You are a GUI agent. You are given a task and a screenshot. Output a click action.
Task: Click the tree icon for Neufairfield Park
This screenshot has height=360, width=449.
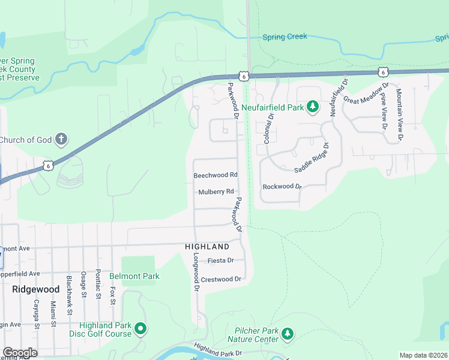click(x=312, y=107)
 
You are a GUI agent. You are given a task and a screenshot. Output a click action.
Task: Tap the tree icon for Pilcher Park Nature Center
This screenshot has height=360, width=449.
click(x=288, y=334)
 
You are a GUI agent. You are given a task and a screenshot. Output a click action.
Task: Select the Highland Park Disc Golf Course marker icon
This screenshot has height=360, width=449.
click(x=140, y=328)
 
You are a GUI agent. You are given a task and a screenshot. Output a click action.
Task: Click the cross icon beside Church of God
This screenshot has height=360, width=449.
click(x=61, y=140)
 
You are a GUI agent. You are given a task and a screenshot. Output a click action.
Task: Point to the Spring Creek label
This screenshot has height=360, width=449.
click(x=285, y=37)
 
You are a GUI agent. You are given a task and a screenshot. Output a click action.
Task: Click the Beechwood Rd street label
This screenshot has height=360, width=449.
click(x=215, y=175)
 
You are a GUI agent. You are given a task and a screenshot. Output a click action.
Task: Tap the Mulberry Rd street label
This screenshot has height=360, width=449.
click(x=215, y=192)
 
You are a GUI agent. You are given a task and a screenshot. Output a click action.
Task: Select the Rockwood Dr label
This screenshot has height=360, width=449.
click(x=282, y=187)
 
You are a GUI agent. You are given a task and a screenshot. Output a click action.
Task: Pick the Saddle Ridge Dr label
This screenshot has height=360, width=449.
click(x=312, y=158)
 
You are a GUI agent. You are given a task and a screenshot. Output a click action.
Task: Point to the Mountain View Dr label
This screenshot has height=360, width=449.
click(x=399, y=115)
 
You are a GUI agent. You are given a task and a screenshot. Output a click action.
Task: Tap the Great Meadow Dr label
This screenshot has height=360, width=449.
click(x=366, y=93)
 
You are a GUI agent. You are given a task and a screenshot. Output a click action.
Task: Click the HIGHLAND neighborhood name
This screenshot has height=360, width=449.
click(x=207, y=247)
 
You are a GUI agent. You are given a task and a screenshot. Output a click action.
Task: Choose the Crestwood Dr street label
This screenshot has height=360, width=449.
click(x=221, y=279)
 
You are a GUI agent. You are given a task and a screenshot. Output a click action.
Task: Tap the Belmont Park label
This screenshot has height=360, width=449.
click(x=134, y=277)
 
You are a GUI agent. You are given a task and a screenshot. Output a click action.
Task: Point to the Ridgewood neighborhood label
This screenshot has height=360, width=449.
click(x=35, y=289)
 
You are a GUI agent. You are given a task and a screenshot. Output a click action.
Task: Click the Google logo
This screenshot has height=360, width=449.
click(x=20, y=352)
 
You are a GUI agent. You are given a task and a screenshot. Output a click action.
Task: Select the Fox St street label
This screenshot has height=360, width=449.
click(x=112, y=295)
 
